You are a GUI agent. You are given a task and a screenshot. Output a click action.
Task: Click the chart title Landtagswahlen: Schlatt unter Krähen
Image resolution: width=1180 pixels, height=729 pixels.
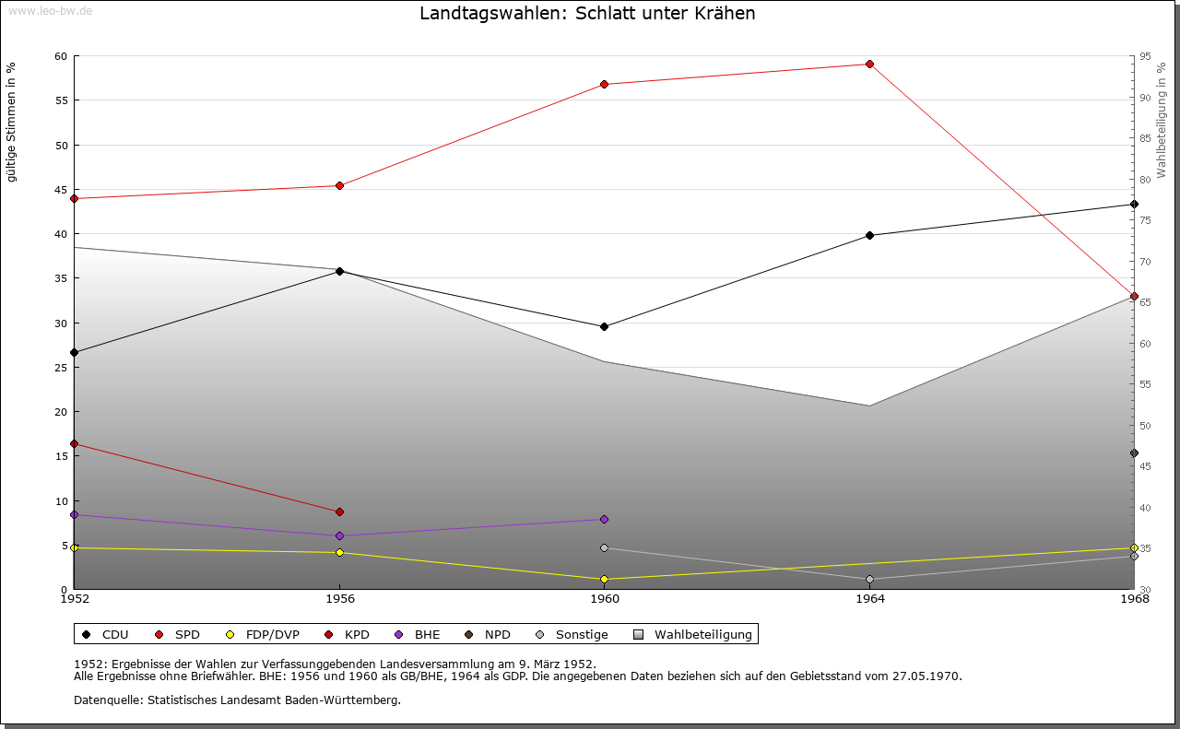(587, 14)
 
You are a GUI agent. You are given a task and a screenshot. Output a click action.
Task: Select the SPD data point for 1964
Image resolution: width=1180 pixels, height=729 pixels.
(869, 65)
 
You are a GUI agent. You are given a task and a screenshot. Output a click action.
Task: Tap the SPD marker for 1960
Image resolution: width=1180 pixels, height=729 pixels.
(604, 85)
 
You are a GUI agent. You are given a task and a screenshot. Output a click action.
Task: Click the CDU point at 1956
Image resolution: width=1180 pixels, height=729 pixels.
(339, 272)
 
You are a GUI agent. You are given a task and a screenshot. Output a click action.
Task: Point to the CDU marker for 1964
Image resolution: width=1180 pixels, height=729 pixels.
(869, 236)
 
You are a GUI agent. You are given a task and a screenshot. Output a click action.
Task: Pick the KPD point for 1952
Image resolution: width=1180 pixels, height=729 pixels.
(75, 444)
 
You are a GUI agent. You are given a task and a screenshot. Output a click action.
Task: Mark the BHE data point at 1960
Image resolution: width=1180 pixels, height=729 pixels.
(604, 520)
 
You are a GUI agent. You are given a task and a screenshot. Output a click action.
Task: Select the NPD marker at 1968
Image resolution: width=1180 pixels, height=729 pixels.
(1134, 453)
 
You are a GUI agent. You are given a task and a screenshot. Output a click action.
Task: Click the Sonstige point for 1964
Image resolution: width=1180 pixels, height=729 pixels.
(869, 580)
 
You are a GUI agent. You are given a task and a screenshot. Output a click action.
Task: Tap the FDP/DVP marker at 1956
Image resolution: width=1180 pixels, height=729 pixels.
(339, 553)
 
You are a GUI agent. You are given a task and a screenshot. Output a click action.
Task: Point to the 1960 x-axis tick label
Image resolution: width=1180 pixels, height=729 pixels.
(604, 599)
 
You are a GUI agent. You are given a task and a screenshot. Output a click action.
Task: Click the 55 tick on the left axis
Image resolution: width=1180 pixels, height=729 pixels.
(61, 101)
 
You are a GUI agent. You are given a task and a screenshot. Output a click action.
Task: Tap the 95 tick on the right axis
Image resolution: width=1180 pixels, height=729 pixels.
(1145, 57)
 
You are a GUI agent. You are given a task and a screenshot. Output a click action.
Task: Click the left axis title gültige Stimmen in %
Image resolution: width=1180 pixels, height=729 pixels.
(12, 122)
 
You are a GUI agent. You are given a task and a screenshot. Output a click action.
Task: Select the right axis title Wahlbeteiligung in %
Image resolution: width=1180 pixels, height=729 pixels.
(1162, 121)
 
